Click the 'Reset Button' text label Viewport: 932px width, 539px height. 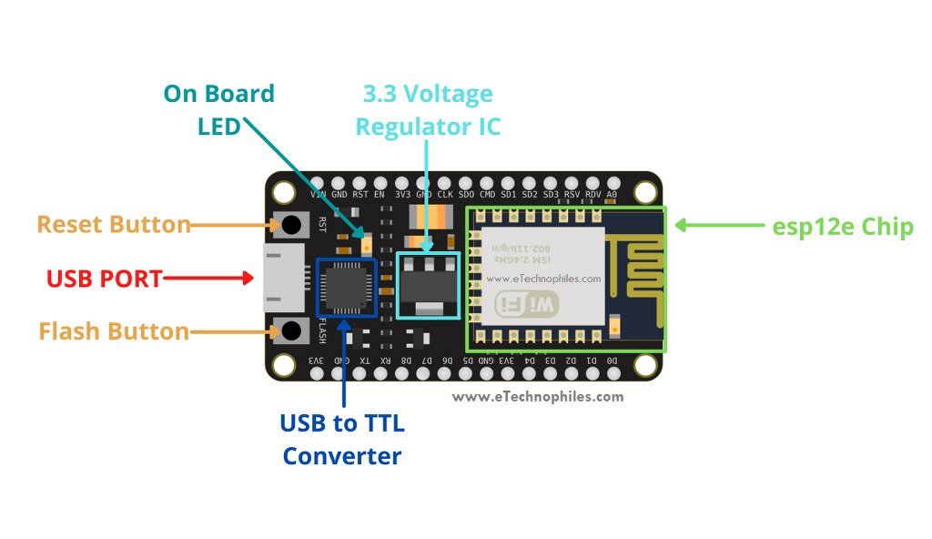pyautogui.click(x=113, y=225)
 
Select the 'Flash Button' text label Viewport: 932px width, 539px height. pyautogui.click(x=114, y=332)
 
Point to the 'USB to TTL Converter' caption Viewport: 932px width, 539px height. pyautogui.click(x=342, y=439)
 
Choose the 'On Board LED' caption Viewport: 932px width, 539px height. pyautogui.click(x=218, y=108)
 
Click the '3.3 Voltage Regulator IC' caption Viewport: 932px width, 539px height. pyautogui.click(x=428, y=109)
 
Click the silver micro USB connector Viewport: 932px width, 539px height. pyautogui.click(x=277, y=278)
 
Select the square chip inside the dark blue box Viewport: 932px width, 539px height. pyautogui.click(x=346, y=287)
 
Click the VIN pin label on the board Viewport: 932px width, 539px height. pyautogui.click(x=318, y=195)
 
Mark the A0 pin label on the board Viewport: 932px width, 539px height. pyautogui.click(x=612, y=195)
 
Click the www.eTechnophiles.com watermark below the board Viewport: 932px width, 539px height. pyautogui.click(x=537, y=397)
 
